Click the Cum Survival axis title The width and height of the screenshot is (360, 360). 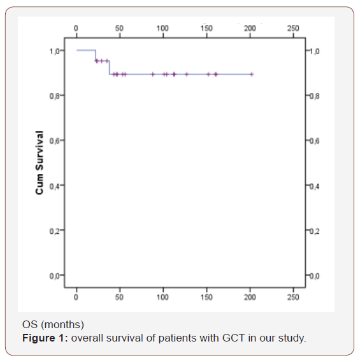click(x=40, y=162)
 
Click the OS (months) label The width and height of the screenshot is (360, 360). click(x=53, y=326)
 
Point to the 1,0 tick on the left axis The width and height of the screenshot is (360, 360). click(x=57, y=50)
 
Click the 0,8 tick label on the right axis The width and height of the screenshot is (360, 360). click(x=313, y=96)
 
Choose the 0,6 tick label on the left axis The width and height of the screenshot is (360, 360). click(x=57, y=140)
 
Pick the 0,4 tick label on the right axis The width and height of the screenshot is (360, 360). click(x=313, y=185)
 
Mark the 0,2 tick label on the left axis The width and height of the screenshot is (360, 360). click(x=57, y=230)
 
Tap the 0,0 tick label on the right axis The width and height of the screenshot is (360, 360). click(x=313, y=275)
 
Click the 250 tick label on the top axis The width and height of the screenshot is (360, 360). click(x=293, y=28)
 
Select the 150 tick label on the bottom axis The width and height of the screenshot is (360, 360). click(x=206, y=297)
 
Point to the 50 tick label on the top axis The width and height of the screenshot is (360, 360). click(x=119, y=28)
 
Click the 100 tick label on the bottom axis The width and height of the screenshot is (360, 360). click(x=163, y=297)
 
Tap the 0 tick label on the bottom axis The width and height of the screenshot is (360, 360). click(x=76, y=297)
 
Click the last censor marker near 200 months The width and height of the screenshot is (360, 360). click(x=252, y=74)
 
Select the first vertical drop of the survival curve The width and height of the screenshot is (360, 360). click(x=96, y=55)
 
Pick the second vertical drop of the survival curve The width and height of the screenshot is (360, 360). click(x=110, y=68)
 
